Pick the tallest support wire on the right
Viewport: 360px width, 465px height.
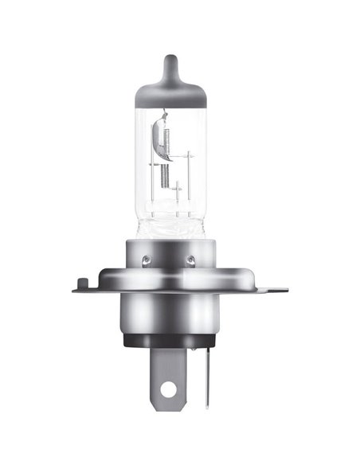[190, 171]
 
